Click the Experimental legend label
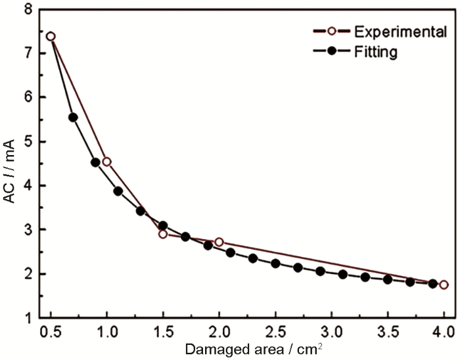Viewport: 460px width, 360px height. (381, 32)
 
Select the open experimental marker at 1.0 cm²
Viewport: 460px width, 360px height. (106, 162)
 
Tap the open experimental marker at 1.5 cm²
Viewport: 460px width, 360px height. (163, 234)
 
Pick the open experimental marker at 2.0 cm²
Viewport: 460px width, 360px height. (219, 242)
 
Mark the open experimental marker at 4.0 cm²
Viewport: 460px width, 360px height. (444, 284)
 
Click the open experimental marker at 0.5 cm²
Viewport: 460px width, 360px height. (51, 36)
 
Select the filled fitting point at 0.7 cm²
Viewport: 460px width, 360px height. (73, 118)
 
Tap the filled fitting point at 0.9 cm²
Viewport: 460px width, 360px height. (95, 162)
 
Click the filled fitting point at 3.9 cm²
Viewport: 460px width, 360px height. (432, 284)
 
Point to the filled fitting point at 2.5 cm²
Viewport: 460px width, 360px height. (275, 263)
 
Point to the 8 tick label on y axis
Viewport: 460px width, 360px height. (27, 9)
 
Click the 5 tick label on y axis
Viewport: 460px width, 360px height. (27, 141)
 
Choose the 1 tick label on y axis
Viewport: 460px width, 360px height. (27, 318)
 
